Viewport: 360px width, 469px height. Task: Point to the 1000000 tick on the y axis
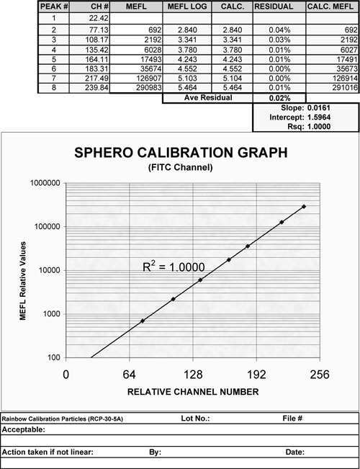[x=42, y=183]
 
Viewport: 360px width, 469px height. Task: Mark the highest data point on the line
[x=304, y=207]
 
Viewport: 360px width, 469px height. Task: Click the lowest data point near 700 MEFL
[x=142, y=321]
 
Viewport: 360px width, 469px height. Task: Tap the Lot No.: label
[x=192, y=419]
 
